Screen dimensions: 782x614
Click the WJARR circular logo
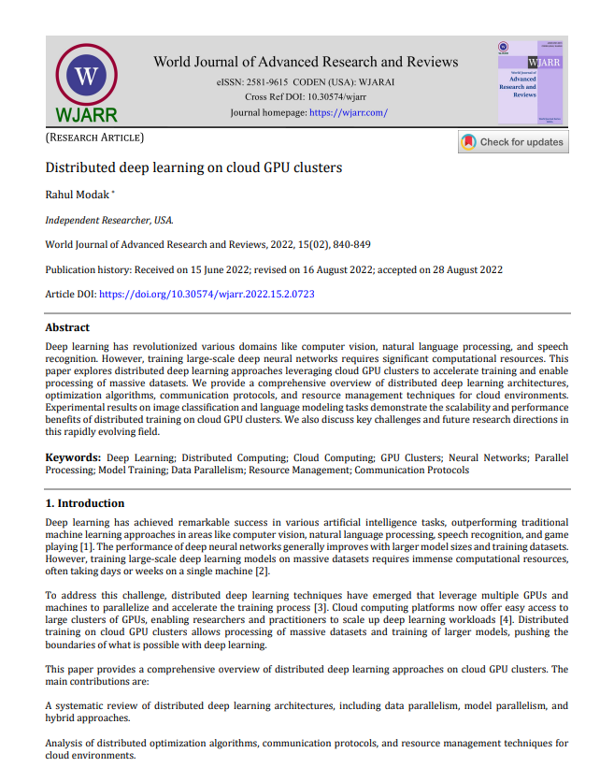click(x=87, y=76)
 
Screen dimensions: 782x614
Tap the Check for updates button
click(x=512, y=142)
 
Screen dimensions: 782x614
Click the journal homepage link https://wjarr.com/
click(x=348, y=112)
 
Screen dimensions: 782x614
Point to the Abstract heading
click(x=67, y=328)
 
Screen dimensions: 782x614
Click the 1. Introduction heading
click(x=85, y=503)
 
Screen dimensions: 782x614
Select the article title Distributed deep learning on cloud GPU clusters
click(x=180, y=168)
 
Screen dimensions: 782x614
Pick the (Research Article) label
click(x=94, y=138)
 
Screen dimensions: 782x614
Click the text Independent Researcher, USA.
click(x=109, y=220)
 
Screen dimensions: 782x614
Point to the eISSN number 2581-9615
click(x=272, y=82)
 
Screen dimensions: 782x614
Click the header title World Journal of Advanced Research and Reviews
click(x=306, y=62)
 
